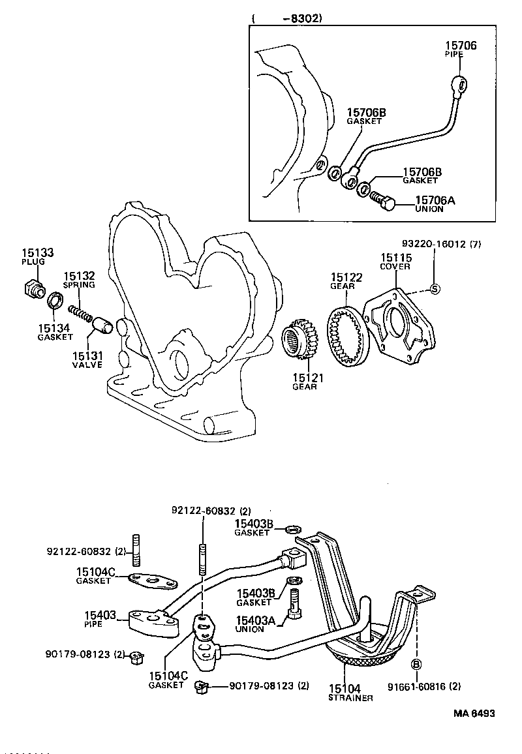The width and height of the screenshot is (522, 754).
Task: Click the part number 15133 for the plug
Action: [x=37, y=252]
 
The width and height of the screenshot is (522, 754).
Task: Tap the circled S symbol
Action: [x=436, y=290]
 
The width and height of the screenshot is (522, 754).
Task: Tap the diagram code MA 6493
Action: [x=474, y=713]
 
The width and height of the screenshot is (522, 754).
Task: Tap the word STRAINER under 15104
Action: [x=350, y=698]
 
